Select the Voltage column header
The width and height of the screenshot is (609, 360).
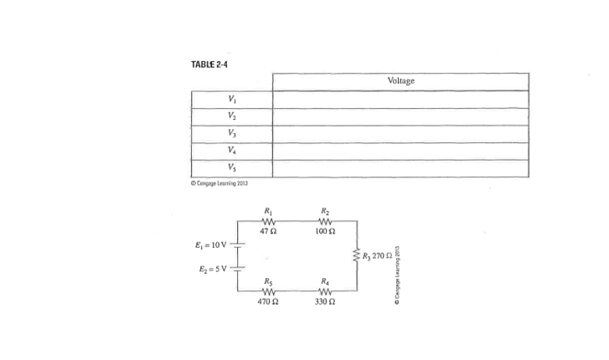[401, 80]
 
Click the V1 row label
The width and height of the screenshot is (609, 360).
[231, 100]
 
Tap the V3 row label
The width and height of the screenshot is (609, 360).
[231, 134]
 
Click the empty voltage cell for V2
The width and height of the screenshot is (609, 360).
[401, 116]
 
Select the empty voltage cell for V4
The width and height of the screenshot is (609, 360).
[401, 152]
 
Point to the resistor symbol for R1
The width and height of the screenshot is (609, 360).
[268, 220]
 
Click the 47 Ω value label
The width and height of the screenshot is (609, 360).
[268, 231]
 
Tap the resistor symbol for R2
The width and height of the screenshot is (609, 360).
[326, 220]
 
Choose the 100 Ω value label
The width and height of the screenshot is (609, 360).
[326, 231]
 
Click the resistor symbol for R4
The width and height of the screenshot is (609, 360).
[326, 291]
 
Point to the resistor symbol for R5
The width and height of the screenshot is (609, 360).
[268, 291]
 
